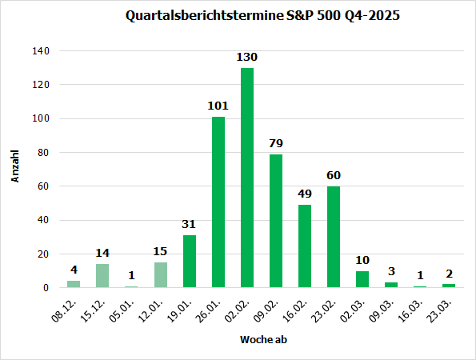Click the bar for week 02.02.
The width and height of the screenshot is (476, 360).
tap(247, 178)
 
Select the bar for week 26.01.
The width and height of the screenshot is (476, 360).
tap(218, 202)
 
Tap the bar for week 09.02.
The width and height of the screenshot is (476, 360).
tap(276, 221)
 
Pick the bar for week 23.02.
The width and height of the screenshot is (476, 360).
tap(334, 237)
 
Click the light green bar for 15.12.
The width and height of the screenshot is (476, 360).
tap(102, 276)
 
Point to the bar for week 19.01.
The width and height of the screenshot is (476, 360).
tap(190, 262)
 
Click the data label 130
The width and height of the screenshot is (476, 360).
tap(247, 58)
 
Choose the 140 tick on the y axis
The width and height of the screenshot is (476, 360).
tap(41, 51)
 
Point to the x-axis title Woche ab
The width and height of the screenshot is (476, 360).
tap(261, 339)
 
